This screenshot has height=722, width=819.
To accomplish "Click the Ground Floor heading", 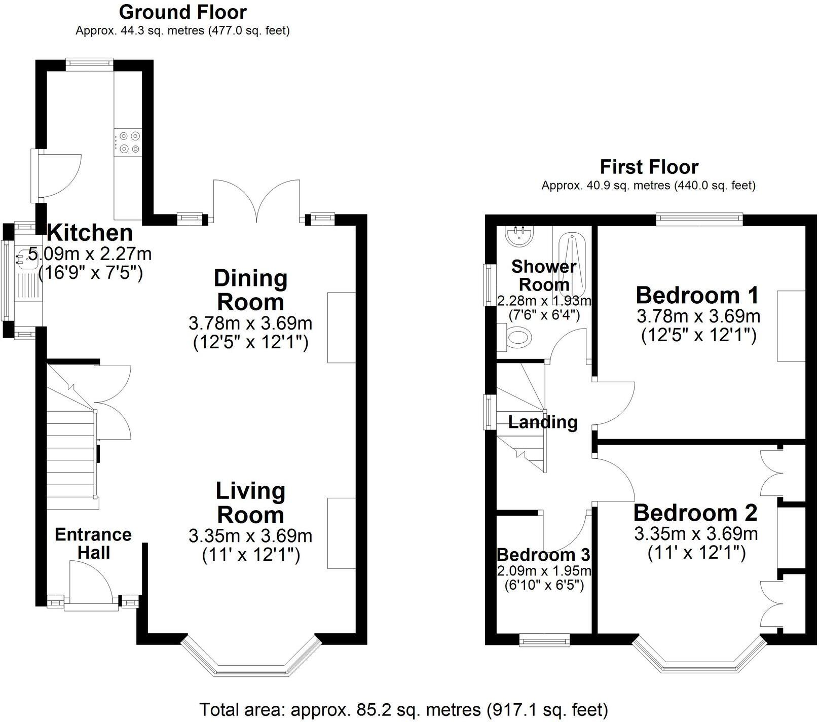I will coord(182,12).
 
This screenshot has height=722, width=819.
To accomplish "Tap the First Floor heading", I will coord(649,167).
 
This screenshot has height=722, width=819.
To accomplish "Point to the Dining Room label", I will coord(250,290).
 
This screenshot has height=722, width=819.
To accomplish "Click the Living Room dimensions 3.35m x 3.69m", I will coord(250,536).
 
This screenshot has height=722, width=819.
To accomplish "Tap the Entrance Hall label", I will coord(93,543).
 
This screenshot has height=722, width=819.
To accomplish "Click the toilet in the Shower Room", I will coord(518,337).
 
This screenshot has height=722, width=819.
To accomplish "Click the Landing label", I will coord(543,422).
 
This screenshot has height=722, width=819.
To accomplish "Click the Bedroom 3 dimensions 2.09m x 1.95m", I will coord(544,571).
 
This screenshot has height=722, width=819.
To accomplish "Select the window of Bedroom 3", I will coord(545,641).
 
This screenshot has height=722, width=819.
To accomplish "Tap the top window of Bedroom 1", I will coord(699,219).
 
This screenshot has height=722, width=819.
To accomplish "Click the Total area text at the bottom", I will coord(403,709).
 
